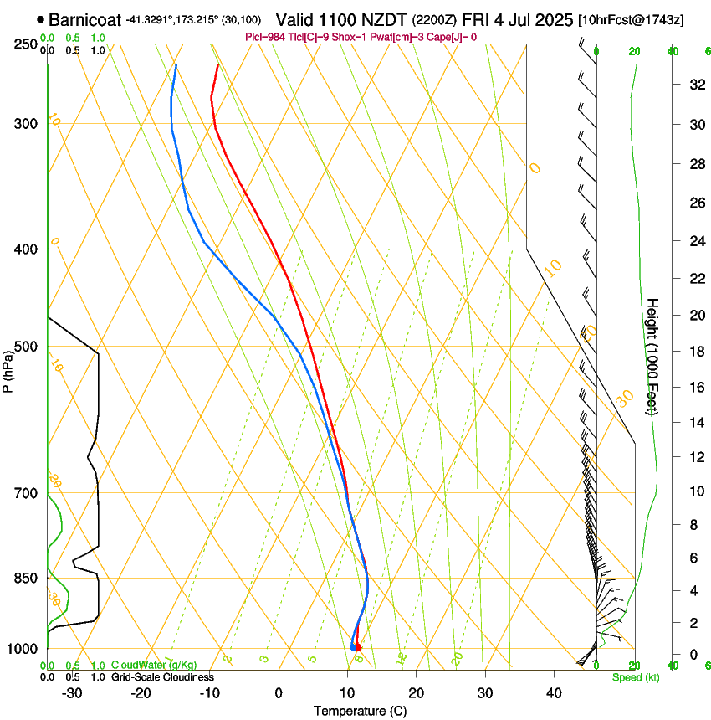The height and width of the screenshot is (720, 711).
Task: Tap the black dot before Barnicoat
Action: click(x=40, y=18)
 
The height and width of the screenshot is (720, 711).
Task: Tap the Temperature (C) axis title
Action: click(x=360, y=712)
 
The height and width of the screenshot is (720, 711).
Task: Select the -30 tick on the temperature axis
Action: click(x=72, y=693)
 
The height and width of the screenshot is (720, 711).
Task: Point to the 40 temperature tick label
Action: click(x=554, y=693)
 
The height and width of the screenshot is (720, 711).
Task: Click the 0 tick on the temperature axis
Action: click(x=279, y=693)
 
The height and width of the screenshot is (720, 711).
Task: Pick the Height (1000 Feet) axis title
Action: click(x=653, y=356)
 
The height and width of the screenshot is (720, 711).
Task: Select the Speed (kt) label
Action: click(x=636, y=677)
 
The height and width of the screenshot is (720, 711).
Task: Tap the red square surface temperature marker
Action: click(x=358, y=647)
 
